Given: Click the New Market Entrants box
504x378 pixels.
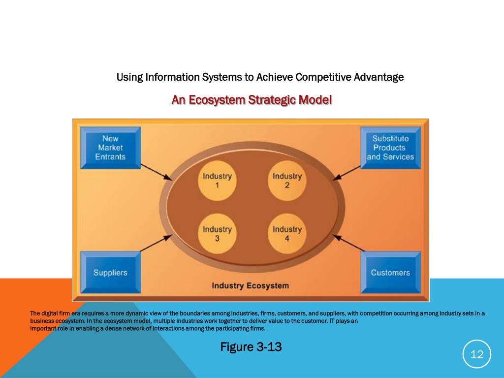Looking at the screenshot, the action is click(110, 148).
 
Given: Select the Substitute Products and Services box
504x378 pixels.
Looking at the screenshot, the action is click(390, 148).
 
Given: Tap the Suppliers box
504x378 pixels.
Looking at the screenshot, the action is click(110, 272).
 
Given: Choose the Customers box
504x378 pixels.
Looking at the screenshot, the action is click(390, 272).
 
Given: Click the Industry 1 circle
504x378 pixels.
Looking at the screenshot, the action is click(217, 181).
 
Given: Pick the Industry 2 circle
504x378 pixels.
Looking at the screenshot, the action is click(287, 181).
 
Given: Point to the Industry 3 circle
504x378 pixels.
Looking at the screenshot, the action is click(217, 234).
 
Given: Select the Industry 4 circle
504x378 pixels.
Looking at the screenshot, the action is click(287, 234).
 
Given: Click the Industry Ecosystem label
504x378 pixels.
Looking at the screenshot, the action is click(250, 285).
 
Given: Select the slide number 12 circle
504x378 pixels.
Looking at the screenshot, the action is click(477, 354).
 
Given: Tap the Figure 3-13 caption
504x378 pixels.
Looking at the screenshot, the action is click(251, 347).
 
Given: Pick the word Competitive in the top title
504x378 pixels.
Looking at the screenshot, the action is click(324, 77).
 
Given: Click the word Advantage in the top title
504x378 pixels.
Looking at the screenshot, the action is click(379, 77).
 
